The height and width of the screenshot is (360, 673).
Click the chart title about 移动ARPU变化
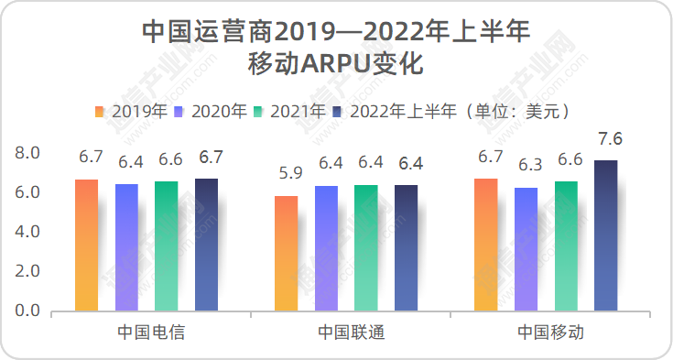tap(336, 48)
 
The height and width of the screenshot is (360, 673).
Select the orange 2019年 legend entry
tap(131, 112)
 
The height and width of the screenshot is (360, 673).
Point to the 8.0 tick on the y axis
tap(28, 153)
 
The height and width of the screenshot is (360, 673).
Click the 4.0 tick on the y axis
tap(28, 233)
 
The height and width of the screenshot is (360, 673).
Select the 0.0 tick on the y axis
tap(28, 311)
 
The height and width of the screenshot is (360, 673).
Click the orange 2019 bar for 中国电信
tap(86, 245)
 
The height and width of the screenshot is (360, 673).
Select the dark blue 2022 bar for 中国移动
tap(606, 236)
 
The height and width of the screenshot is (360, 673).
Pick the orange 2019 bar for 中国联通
tap(286, 254)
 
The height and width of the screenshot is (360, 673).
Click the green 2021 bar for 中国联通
tap(365, 248)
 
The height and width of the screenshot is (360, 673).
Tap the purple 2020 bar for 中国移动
tap(526, 249)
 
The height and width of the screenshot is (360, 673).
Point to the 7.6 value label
tap(606, 139)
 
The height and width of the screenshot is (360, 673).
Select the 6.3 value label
tap(526, 165)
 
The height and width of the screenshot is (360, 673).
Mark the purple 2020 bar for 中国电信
tap(126, 248)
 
